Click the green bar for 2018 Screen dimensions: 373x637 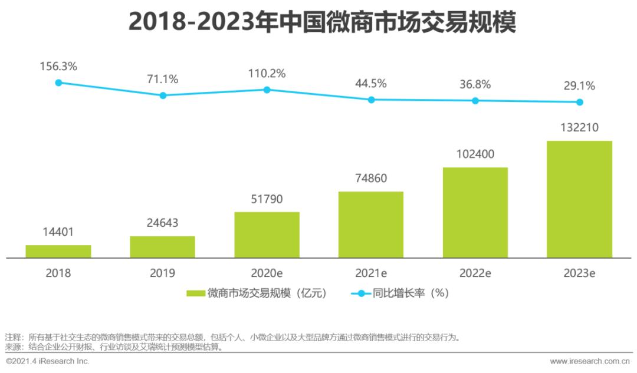[x=58, y=252]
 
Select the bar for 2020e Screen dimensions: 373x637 [x=267, y=235]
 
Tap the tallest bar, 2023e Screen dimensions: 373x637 [x=579, y=199]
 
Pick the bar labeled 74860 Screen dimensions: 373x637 [x=370, y=225]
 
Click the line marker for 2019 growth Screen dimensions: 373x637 [x=163, y=95]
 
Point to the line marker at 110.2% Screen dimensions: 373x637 [x=267, y=90]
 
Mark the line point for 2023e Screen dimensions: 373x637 [x=580, y=102]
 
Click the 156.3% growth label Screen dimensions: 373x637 [x=58, y=67]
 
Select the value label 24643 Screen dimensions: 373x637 [x=162, y=223]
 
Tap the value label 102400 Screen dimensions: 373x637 [x=475, y=154]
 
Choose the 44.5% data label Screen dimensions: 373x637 [x=371, y=84]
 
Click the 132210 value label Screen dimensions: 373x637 [x=579, y=128]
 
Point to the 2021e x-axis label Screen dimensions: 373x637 [x=371, y=273]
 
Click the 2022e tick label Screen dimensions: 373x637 [x=475, y=273]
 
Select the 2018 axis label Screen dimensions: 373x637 [x=58, y=273]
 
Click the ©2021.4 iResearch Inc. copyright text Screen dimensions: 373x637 [x=48, y=361]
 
